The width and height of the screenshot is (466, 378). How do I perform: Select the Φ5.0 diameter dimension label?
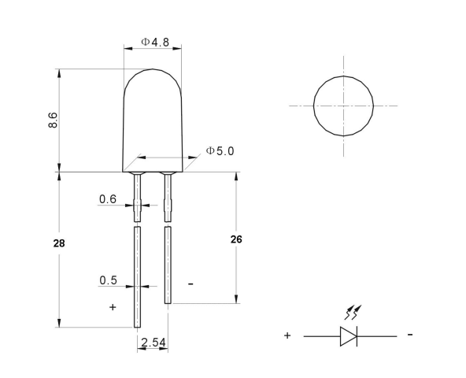point(220,150)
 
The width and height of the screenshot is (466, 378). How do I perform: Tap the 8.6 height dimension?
point(53,120)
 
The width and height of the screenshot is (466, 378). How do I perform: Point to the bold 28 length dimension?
point(58,243)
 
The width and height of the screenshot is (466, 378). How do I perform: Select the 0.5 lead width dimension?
point(108,280)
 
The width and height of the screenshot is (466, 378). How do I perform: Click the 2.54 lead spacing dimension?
point(152,343)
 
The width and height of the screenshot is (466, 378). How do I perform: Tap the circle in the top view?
point(343,106)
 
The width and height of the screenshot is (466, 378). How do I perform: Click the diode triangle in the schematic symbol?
point(347,336)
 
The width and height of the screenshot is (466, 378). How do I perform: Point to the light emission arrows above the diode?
point(351,313)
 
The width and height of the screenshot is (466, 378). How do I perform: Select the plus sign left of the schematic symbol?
point(287,335)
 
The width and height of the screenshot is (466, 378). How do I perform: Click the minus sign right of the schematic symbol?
point(411,335)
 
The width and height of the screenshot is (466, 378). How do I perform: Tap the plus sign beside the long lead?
point(113,307)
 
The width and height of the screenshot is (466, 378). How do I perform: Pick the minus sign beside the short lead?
point(190,283)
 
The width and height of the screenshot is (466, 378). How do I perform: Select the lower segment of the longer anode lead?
point(137,276)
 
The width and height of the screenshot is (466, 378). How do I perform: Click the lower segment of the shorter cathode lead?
point(168,264)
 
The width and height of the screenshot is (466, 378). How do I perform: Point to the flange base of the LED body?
point(153,168)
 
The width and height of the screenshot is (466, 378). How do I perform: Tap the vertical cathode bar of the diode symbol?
point(357,336)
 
